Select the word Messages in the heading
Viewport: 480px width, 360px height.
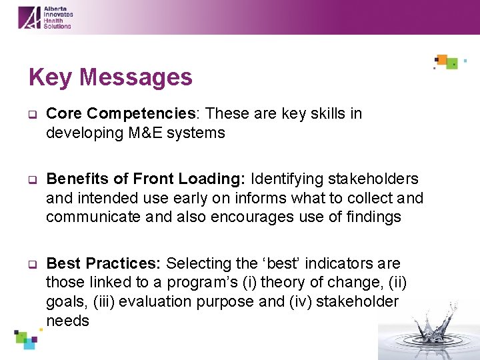[136, 78]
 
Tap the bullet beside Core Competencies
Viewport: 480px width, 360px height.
[31, 114]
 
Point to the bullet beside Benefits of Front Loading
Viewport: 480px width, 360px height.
[31, 179]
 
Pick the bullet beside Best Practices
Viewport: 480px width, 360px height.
[31, 264]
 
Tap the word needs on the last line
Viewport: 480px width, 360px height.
[67, 321]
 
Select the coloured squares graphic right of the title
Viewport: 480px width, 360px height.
[447, 62]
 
